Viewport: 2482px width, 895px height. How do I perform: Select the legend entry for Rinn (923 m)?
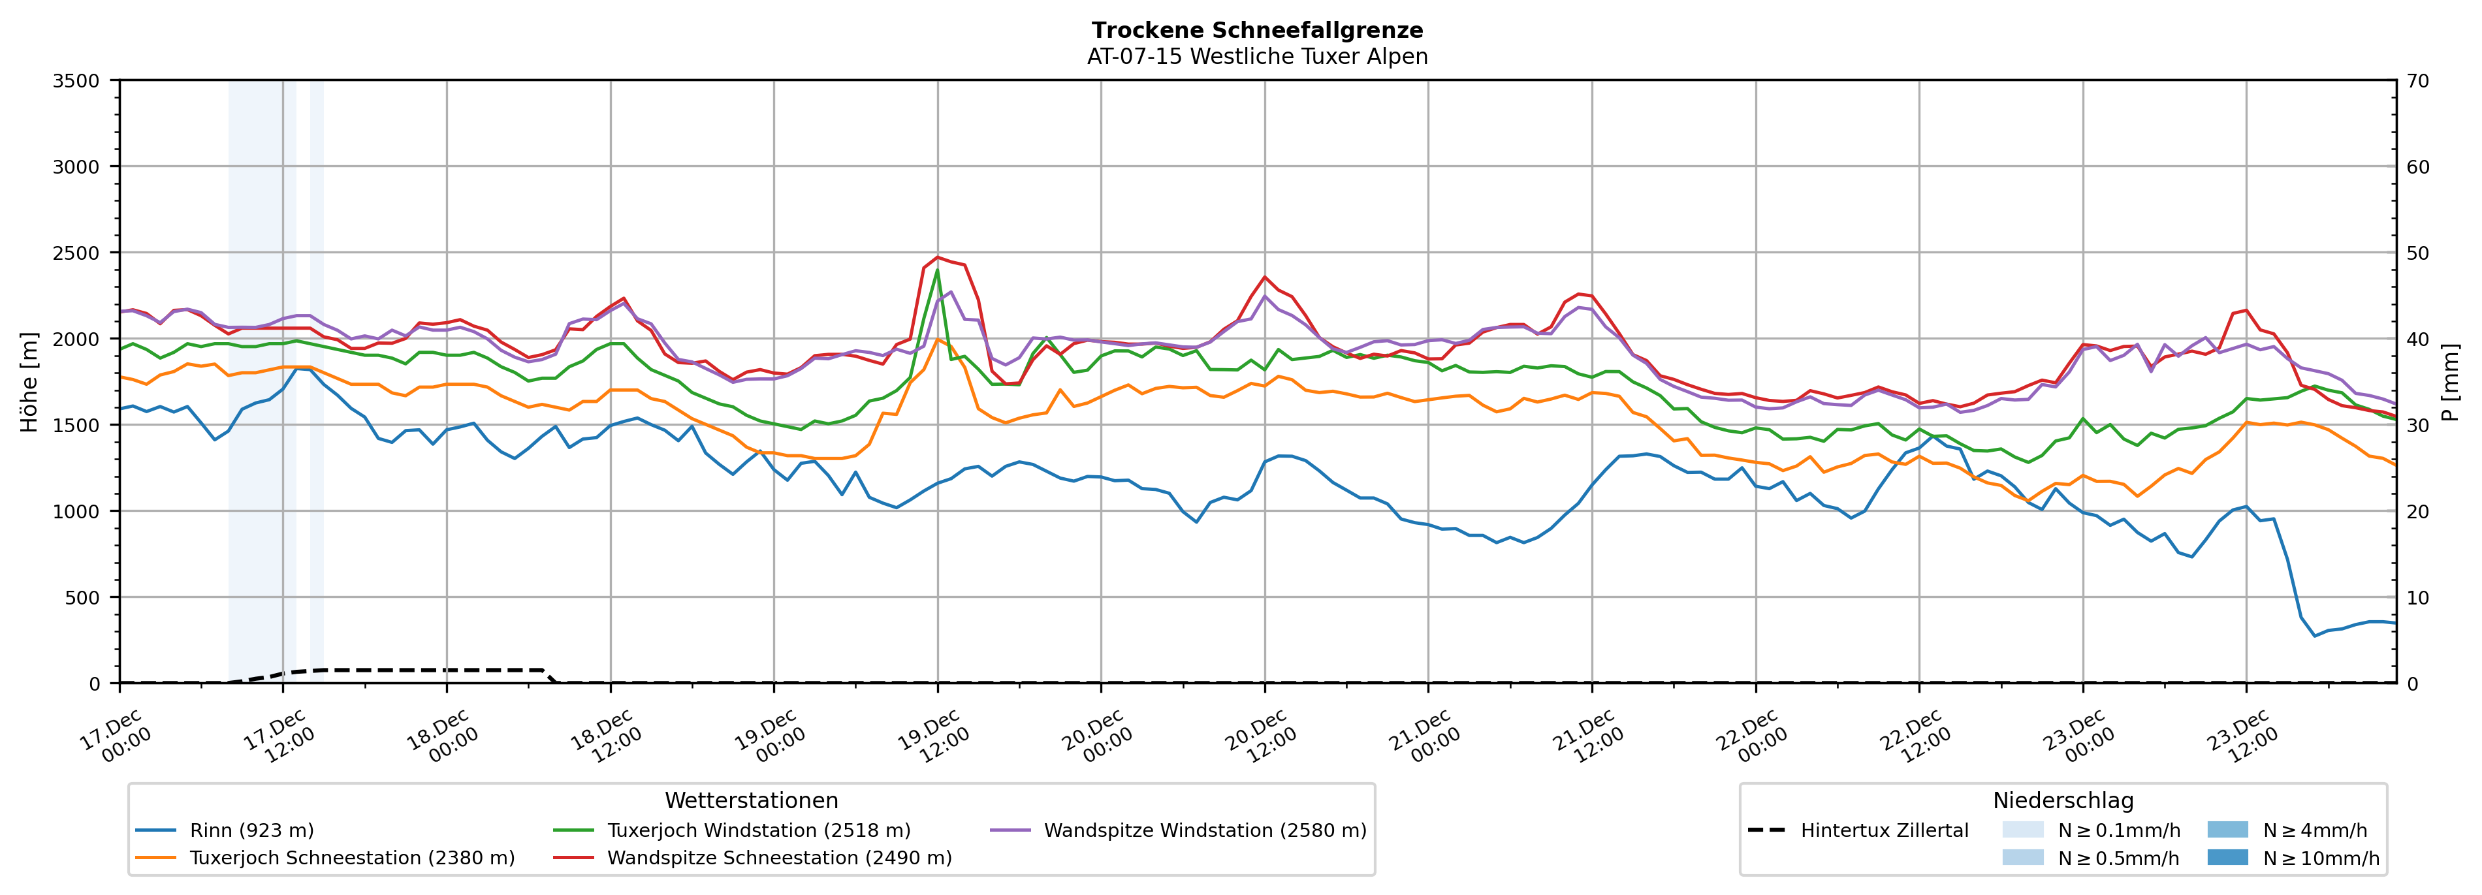click(x=251, y=830)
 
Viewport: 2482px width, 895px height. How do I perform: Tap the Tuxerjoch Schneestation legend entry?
click(x=352, y=857)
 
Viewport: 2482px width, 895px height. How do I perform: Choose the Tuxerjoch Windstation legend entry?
click(x=758, y=830)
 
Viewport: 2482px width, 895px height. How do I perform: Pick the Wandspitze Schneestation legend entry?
click(x=778, y=857)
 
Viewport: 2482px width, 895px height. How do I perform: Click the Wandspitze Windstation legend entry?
click(x=1204, y=830)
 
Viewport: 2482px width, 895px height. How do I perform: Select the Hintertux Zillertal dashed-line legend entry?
click(x=1884, y=830)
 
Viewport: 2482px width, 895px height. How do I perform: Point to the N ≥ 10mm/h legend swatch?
click(x=2227, y=856)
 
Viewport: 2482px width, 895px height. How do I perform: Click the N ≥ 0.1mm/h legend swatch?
click(x=2022, y=830)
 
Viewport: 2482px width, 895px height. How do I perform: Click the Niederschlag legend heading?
click(x=2063, y=800)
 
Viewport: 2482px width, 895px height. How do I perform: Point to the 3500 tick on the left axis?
click(x=76, y=81)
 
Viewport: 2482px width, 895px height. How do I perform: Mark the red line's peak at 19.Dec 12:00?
click(x=938, y=257)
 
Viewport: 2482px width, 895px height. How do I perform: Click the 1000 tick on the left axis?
click(x=76, y=512)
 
